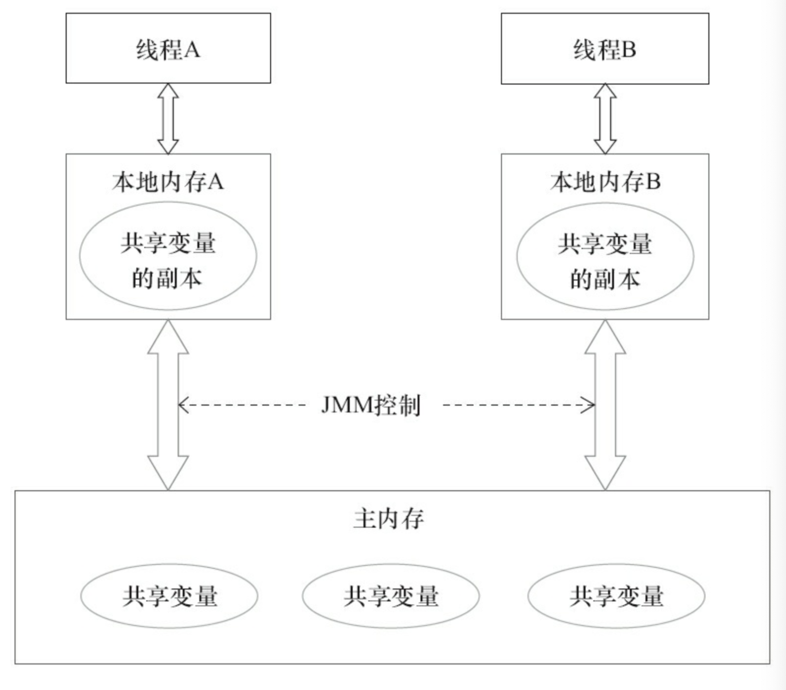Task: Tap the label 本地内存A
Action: click(168, 182)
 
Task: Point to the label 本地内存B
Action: click(605, 182)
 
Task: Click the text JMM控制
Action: click(371, 405)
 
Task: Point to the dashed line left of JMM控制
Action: click(242, 405)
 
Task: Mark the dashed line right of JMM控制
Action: click(519, 405)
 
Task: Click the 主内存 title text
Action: click(389, 519)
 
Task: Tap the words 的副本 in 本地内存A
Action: click(167, 278)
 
